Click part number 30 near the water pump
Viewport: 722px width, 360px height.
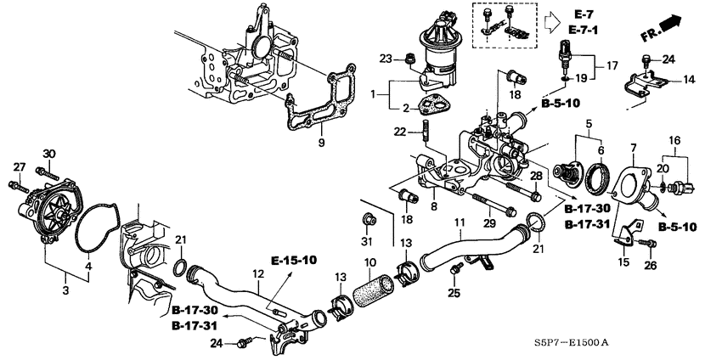[x=48, y=153]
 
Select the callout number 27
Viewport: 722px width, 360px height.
[x=20, y=166]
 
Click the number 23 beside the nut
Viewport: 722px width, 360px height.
[x=385, y=59]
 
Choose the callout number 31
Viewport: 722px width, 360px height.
[x=367, y=244]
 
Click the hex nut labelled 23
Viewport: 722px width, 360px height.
[x=408, y=59]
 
